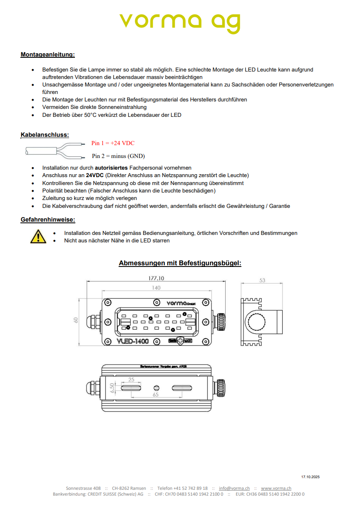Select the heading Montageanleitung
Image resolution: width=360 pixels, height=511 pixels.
(47, 54)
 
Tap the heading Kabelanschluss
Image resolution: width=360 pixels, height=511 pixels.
(45, 135)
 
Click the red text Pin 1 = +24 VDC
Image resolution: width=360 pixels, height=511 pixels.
(113, 143)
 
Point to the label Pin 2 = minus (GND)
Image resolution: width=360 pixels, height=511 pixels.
(118, 156)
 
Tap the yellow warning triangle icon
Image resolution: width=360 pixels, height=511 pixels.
(38, 236)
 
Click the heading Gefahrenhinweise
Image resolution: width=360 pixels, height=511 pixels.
(47, 220)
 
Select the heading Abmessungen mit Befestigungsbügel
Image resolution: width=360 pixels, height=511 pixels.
(180, 263)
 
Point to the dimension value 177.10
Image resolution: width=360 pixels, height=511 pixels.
(156, 279)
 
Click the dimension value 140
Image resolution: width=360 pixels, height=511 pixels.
(156, 288)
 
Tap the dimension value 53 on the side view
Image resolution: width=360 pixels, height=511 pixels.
(262, 281)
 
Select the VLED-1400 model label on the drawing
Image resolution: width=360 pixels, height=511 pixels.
(133, 341)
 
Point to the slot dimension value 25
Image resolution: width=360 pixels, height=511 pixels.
(131, 380)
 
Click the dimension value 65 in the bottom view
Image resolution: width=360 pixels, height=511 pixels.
(156, 395)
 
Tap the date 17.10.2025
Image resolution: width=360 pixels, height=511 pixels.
(310, 477)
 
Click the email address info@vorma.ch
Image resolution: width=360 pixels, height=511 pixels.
(234, 488)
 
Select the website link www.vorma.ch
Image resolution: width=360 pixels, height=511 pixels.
(276, 488)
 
